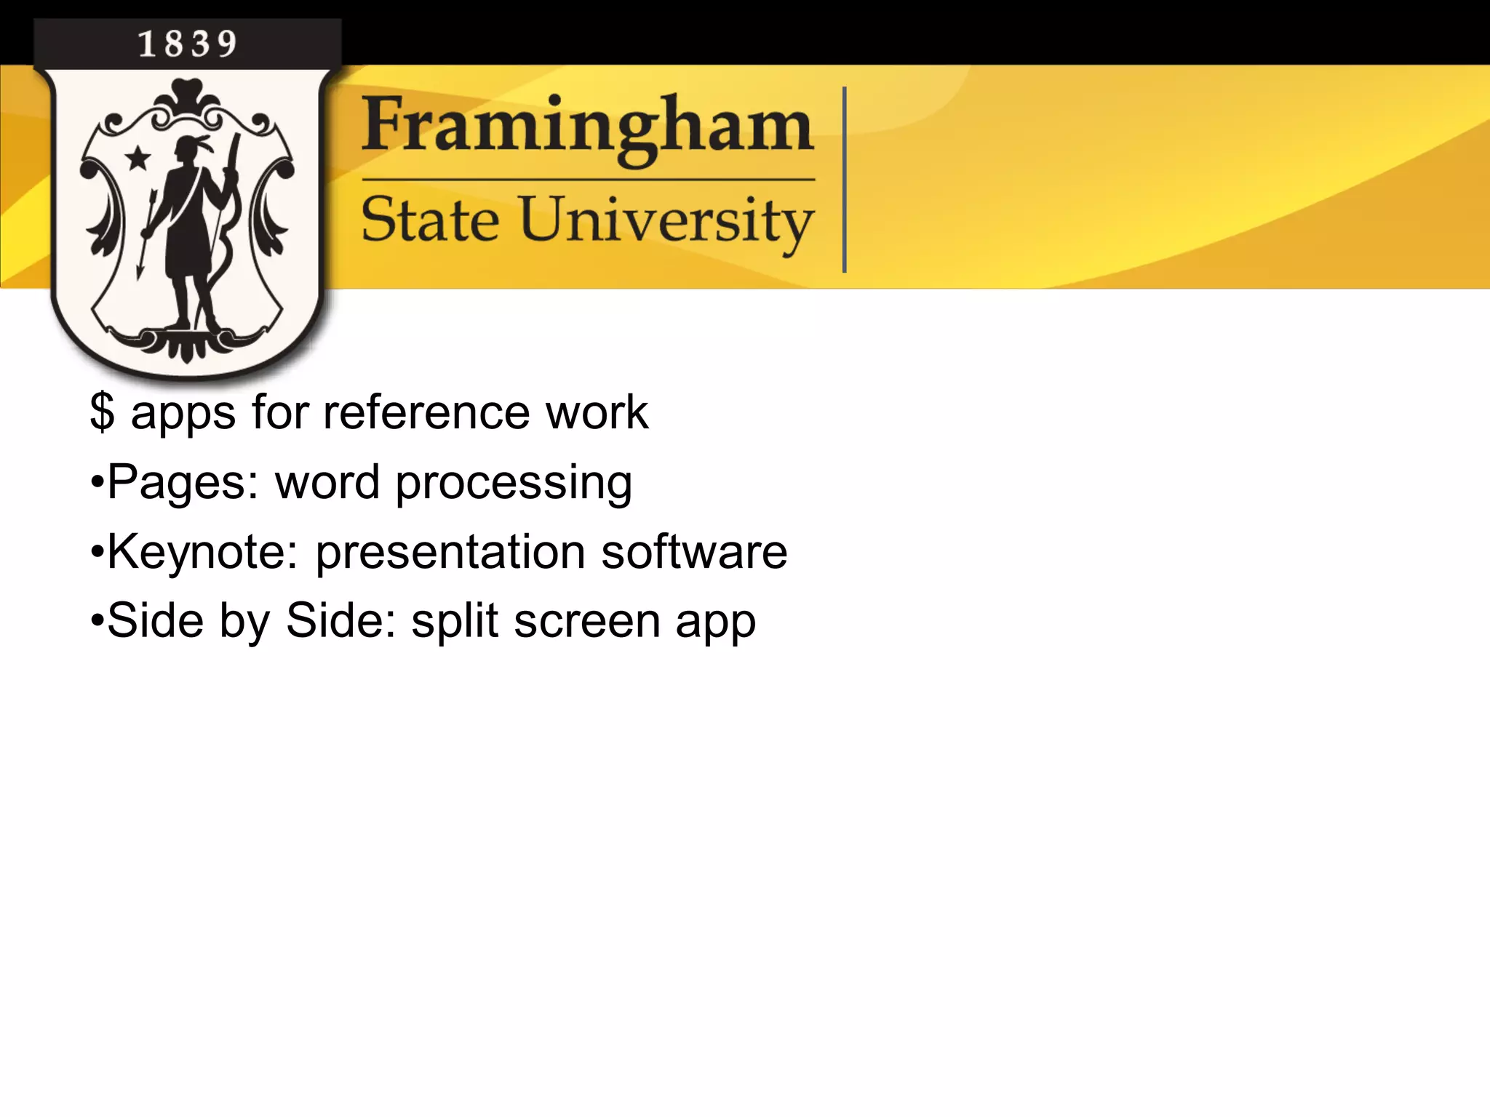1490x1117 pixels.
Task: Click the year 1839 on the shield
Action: [x=187, y=44]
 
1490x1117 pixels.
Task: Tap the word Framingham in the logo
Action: [x=587, y=128]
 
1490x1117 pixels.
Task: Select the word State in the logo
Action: [x=430, y=220]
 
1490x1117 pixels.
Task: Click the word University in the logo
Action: [x=666, y=220]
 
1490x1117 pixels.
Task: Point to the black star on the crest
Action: [x=138, y=157]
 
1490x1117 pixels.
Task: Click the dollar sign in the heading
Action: [x=102, y=412]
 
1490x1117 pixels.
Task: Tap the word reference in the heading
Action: [x=426, y=412]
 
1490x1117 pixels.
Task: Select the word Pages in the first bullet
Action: [x=182, y=483]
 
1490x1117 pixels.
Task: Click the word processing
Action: [x=514, y=483]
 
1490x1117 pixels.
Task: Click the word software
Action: [x=694, y=552]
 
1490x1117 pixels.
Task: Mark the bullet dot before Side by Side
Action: [x=97, y=622]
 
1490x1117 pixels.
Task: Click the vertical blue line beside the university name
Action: [x=844, y=180]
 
